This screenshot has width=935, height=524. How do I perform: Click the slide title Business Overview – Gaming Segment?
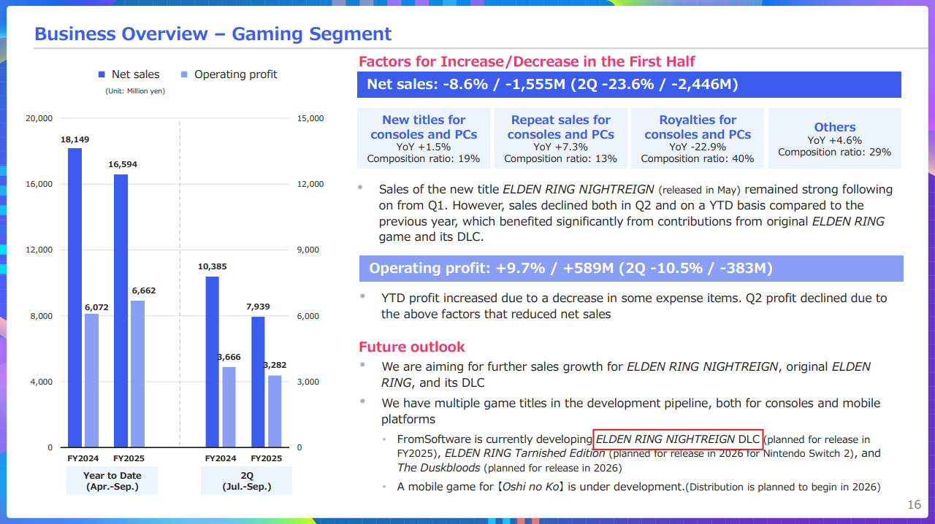213,34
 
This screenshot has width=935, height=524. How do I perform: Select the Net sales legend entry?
129,74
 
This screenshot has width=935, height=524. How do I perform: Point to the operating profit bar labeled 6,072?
91,380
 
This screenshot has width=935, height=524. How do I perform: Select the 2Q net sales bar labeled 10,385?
212,362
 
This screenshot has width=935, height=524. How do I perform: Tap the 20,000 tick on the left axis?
39,118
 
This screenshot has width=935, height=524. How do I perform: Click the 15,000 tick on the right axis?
310,118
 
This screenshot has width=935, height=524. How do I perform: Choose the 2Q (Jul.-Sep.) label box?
246,481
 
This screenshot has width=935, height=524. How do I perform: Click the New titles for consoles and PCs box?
424,139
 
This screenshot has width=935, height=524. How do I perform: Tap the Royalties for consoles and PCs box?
698,139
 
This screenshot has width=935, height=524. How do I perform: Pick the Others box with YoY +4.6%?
834,139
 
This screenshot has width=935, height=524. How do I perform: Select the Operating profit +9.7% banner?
631,269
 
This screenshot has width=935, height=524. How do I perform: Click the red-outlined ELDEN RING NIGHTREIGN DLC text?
678,439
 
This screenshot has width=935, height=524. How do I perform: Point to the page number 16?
914,505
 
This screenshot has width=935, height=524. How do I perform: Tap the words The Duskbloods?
438,468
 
